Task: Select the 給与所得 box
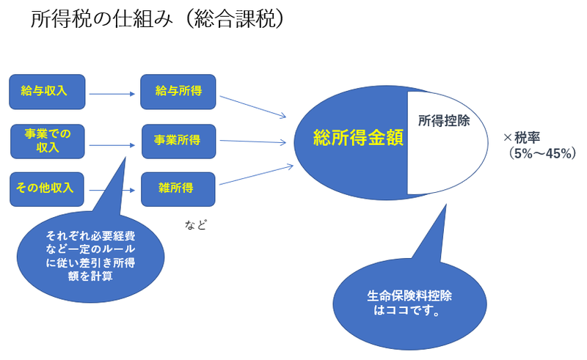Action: pos(178,92)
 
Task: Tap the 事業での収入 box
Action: pos(47,141)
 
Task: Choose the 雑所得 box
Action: pos(178,188)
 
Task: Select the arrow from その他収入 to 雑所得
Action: pos(113,190)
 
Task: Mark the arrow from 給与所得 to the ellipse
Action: pos(252,105)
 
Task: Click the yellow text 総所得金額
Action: pos(358,138)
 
